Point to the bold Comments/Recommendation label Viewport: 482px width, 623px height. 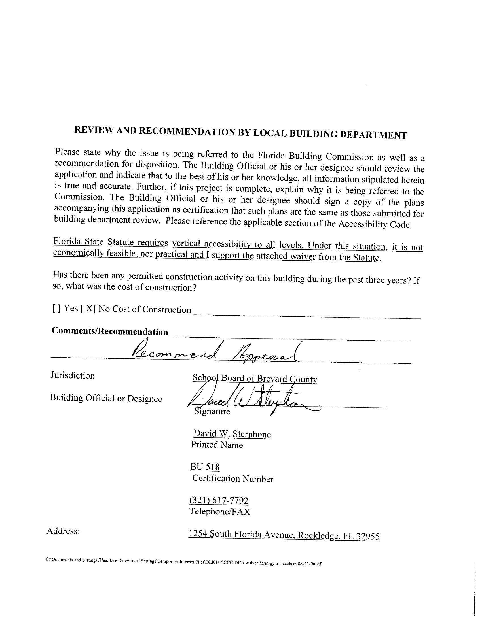(x=110, y=331)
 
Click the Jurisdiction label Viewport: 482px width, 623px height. (x=73, y=375)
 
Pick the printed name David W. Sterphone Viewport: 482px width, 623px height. (x=232, y=434)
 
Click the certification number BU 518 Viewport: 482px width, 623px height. (x=205, y=467)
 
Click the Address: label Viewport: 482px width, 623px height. (x=63, y=531)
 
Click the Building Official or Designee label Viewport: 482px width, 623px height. (x=106, y=398)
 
